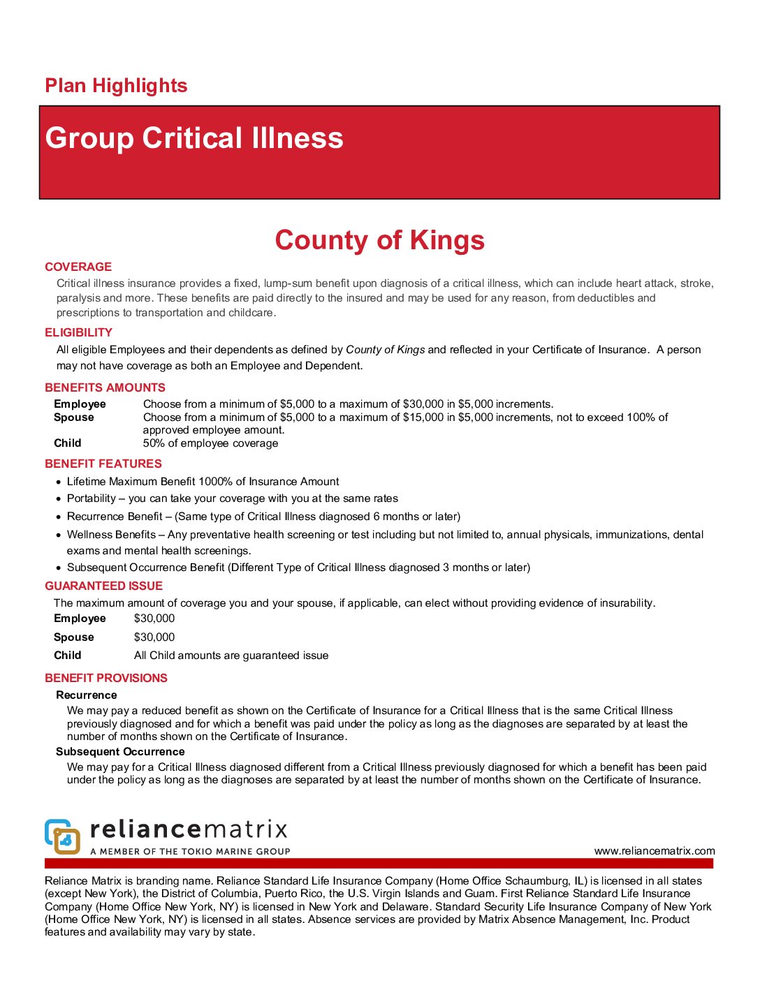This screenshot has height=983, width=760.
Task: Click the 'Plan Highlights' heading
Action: pyautogui.click(x=116, y=86)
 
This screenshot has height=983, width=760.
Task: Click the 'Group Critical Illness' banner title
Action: pyautogui.click(x=194, y=138)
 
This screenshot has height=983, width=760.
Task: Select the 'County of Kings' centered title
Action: pyautogui.click(x=379, y=240)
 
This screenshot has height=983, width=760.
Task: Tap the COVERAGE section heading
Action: pyautogui.click(x=78, y=267)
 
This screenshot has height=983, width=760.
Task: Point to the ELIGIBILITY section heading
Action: pyautogui.click(x=78, y=332)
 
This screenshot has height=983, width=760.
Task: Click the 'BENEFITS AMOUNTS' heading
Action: pyautogui.click(x=105, y=387)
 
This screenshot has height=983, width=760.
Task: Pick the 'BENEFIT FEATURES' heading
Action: pyautogui.click(x=103, y=464)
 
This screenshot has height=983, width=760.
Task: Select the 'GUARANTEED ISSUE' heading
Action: pyautogui.click(x=103, y=586)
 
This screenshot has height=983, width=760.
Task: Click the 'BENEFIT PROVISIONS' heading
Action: pyautogui.click(x=106, y=678)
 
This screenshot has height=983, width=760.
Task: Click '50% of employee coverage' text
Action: pyautogui.click(x=210, y=443)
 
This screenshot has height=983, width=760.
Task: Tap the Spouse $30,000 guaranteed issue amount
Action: pyautogui.click(x=154, y=637)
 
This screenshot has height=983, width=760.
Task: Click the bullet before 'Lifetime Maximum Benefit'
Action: pyautogui.click(x=59, y=482)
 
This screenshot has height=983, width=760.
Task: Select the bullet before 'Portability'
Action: pyautogui.click(x=59, y=499)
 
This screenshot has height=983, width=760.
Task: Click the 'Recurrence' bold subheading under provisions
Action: pyautogui.click(x=87, y=695)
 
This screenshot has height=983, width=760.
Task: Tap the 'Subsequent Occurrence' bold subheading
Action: pyautogui.click(x=120, y=752)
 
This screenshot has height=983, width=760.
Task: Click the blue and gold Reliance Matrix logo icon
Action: pyautogui.click(x=62, y=836)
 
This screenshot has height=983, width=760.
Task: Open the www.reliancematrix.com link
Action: pyautogui.click(x=655, y=851)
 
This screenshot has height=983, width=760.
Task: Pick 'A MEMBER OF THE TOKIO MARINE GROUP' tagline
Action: pyautogui.click(x=190, y=852)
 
